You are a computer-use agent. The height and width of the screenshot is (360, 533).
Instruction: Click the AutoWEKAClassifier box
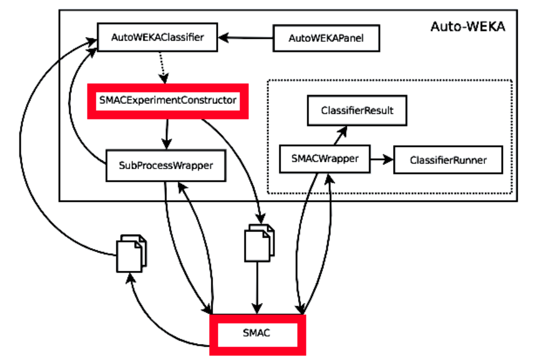point(158,38)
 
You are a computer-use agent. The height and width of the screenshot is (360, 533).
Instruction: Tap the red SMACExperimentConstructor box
point(167,101)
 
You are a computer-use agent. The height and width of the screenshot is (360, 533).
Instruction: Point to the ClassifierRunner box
point(448,160)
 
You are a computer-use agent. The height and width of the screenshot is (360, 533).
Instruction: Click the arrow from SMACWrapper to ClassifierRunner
point(382,159)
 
